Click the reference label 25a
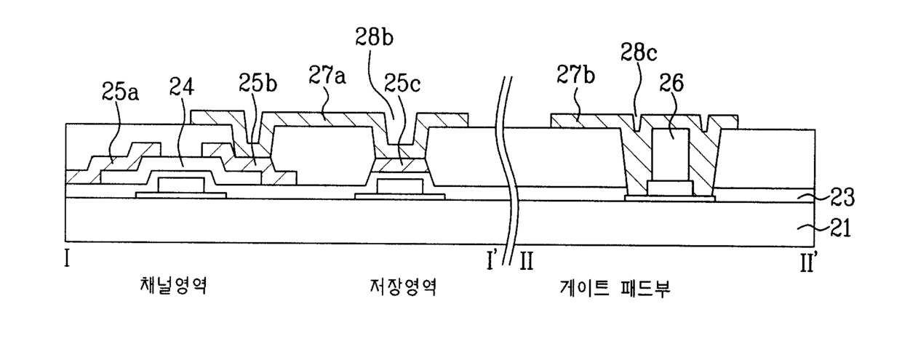tap(120, 92)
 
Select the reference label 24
tap(182, 86)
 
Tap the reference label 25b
tap(258, 83)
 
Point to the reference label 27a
tap(327, 75)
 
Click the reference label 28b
tap(374, 37)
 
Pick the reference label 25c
tap(402, 84)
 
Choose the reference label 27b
tap(576, 74)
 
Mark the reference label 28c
tap(639, 52)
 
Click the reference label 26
tap(671, 83)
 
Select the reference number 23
tap(842, 197)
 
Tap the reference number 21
tap(840, 228)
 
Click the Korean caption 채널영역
tap(174, 286)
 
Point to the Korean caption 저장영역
tap(403, 287)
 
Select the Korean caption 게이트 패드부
tap(615, 288)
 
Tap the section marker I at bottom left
tap(67, 258)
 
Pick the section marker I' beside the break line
tap(491, 260)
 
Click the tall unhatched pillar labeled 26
tap(671, 155)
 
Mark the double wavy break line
tap(508, 169)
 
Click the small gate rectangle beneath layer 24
tap(181, 185)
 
